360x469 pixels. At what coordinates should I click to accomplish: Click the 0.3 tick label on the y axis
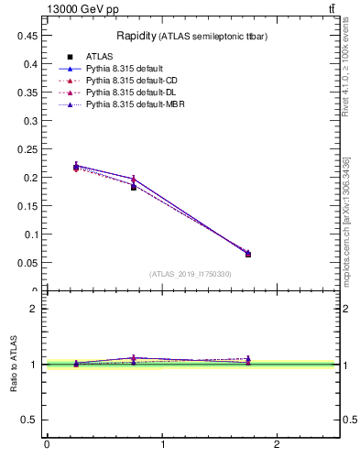pos(31,120)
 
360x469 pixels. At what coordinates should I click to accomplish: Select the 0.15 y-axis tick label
pos(28,205)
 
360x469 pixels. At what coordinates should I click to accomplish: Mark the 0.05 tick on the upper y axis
pos(28,262)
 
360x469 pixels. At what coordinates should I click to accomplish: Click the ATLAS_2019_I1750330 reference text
pos(191,274)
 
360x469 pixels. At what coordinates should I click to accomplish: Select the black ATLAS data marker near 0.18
pos(134,187)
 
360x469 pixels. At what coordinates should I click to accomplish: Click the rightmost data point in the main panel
pos(248,254)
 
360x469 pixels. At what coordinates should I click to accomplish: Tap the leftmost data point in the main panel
pos(76,167)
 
